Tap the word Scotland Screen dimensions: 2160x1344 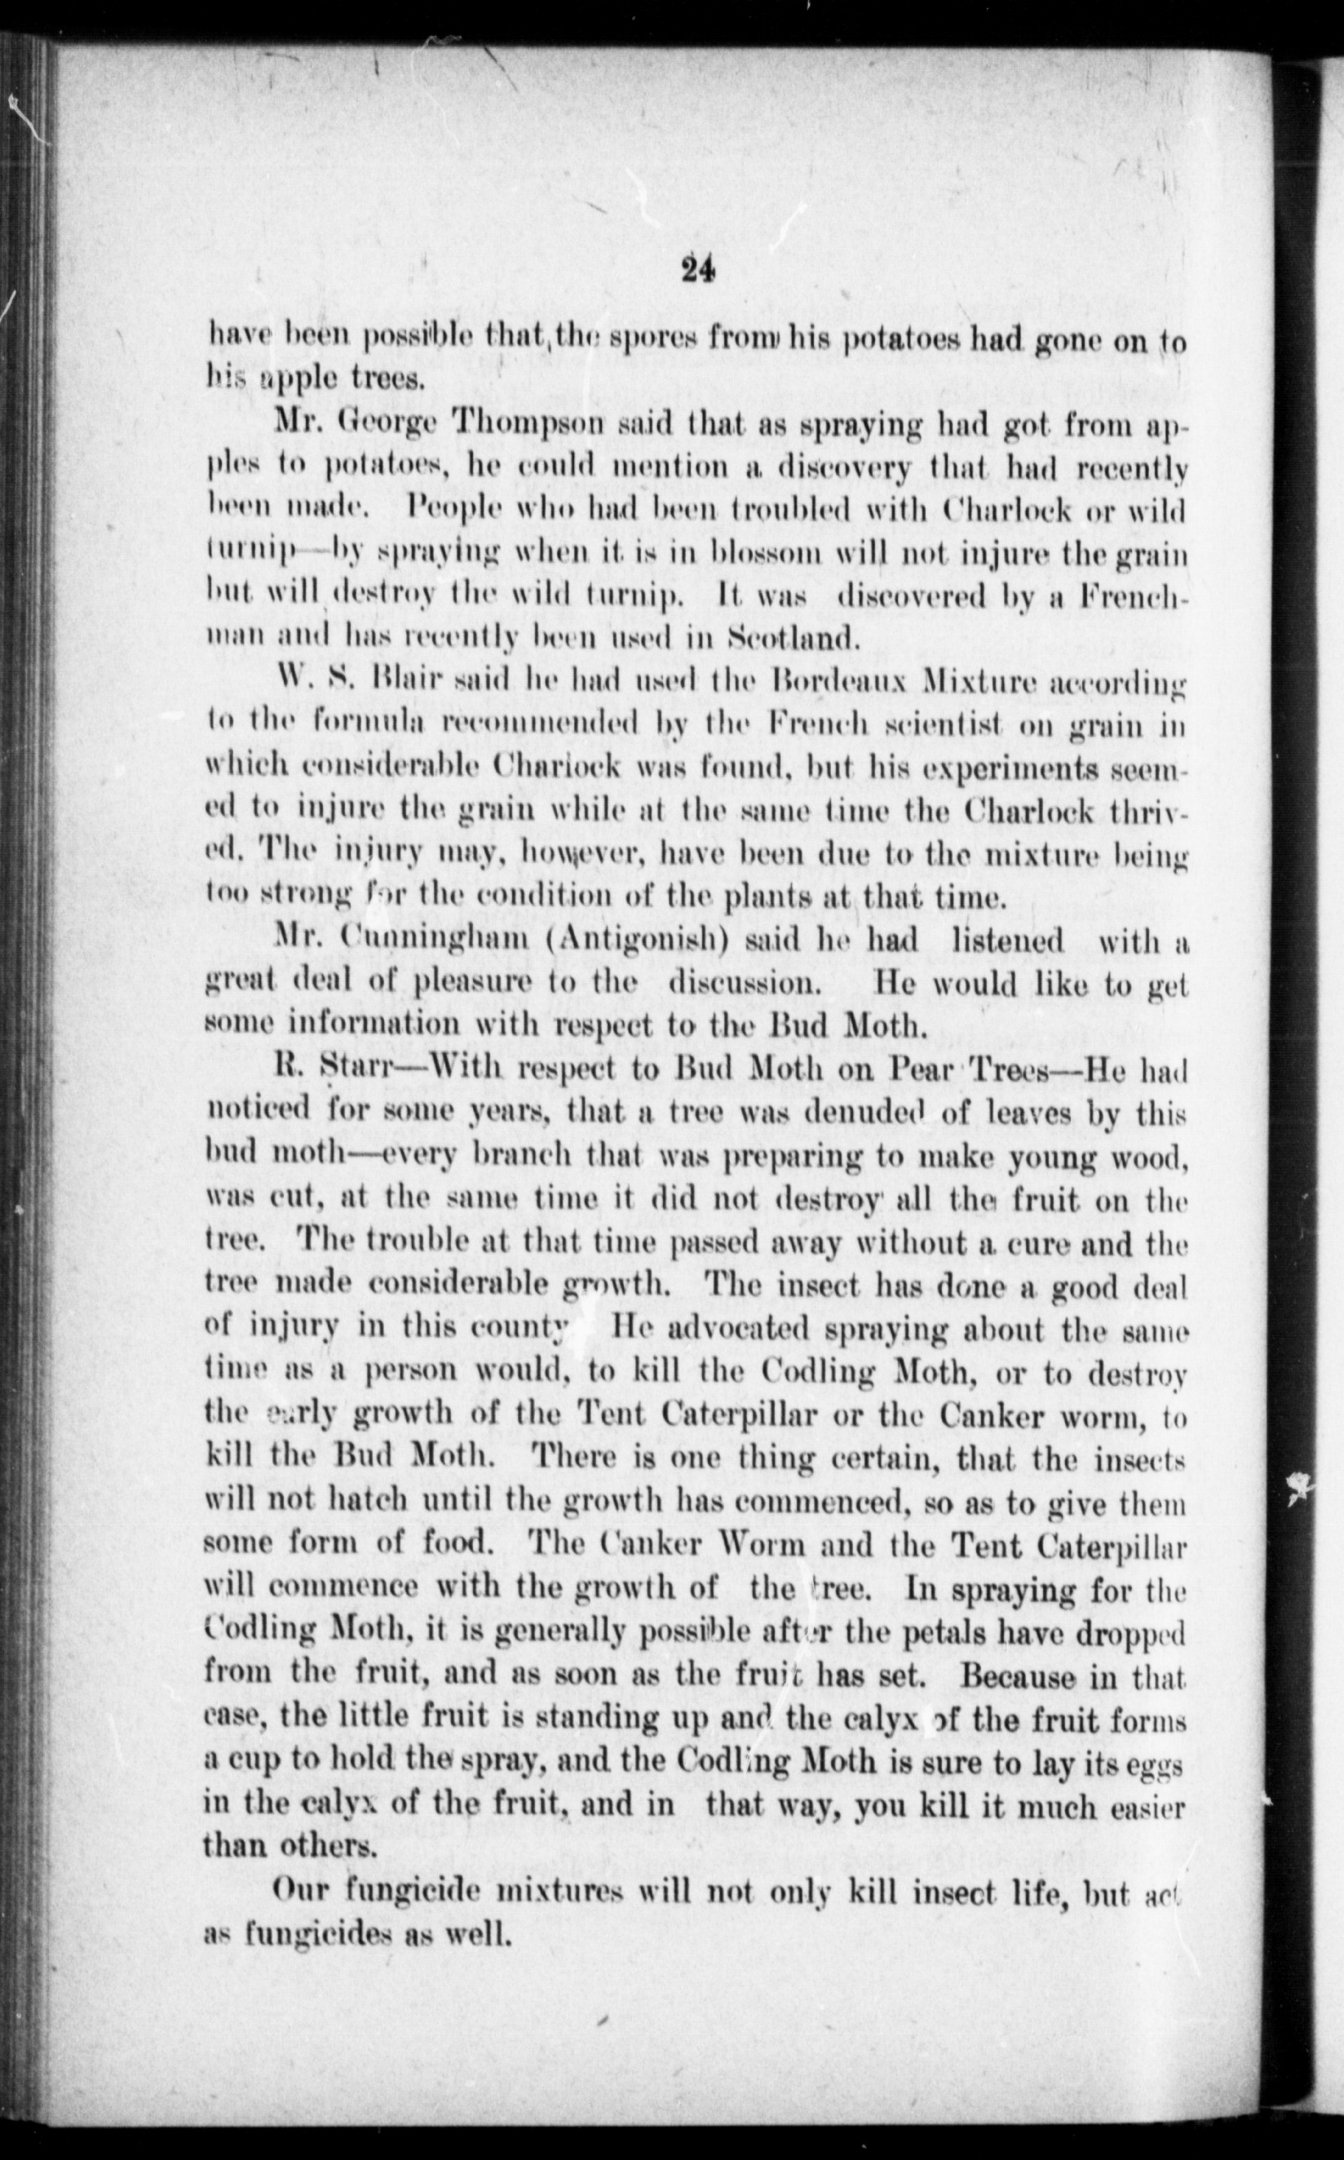click(791, 637)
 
